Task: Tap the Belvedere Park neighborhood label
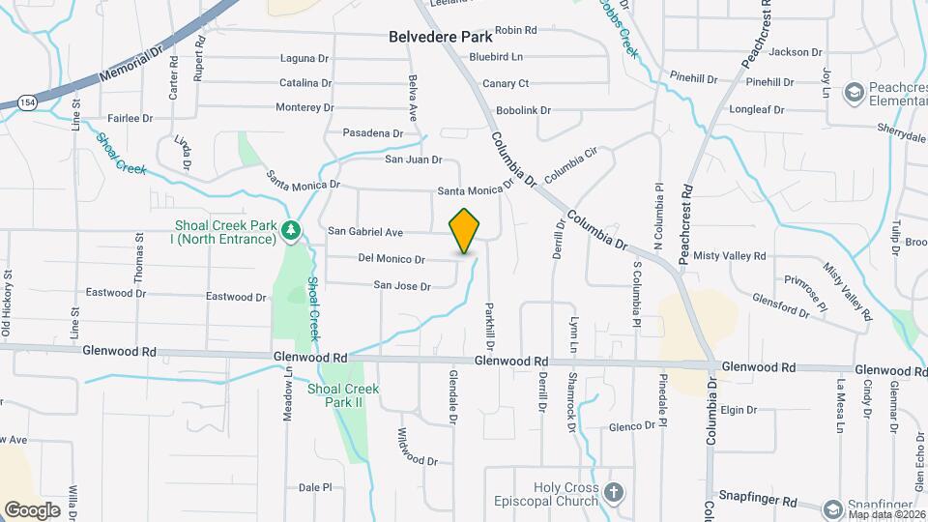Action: (x=440, y=38)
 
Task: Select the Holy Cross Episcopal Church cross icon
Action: (x=613, y=494)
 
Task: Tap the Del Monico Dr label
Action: (x=391, y=259)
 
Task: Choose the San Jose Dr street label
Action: (x=402, y=285)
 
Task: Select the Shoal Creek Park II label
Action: (x=343, y=394)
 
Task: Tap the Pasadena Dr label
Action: (x=372, y=133)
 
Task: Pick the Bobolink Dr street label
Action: (x=523, y=111)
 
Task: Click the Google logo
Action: (x=32, y=509)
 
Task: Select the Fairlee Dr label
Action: (x=130, y=118)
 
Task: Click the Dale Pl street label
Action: (x=315, y=488)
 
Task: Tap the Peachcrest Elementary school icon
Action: (x=854, y=92)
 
